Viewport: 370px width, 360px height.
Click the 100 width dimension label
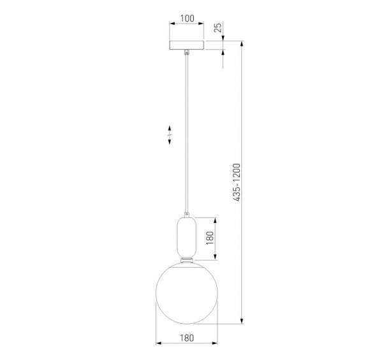tap(188, 18)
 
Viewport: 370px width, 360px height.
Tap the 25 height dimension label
tap(218, 27)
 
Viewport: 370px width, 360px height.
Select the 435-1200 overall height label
tap(237, 182)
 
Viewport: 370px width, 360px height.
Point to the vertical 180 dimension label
tap(210, 238)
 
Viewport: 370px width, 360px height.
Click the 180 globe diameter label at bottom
tap(187, 338)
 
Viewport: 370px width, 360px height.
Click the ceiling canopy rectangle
tap(187, 45)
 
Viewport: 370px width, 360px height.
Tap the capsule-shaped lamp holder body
tap(186, 238)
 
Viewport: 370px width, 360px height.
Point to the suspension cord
tap(187, 133)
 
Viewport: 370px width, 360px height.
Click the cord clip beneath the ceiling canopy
tap(187, 52)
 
